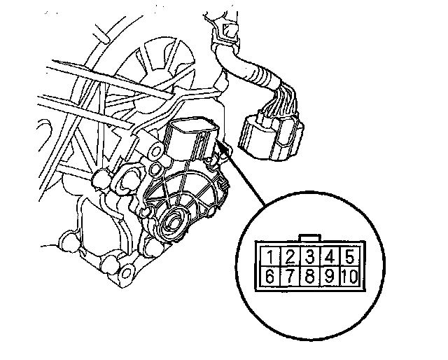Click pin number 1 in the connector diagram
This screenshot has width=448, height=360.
click(x=270, y=257)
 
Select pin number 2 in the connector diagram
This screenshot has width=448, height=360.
click(x=290, y=257)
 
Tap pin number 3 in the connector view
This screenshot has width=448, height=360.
click(x=309, y=257)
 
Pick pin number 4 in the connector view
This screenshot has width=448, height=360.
click(x=330, y=257)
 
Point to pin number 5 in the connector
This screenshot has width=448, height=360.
click(x=349, y=257)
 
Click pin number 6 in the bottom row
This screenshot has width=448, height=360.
click(x=270, y=277)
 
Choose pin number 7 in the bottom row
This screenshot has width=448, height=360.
click(x=290, y=277)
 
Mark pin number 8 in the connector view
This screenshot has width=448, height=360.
click(x=309, y=277)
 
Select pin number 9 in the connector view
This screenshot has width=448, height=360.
click(x=330, y=277)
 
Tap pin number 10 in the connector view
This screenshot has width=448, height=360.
click(x=349, y=277)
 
